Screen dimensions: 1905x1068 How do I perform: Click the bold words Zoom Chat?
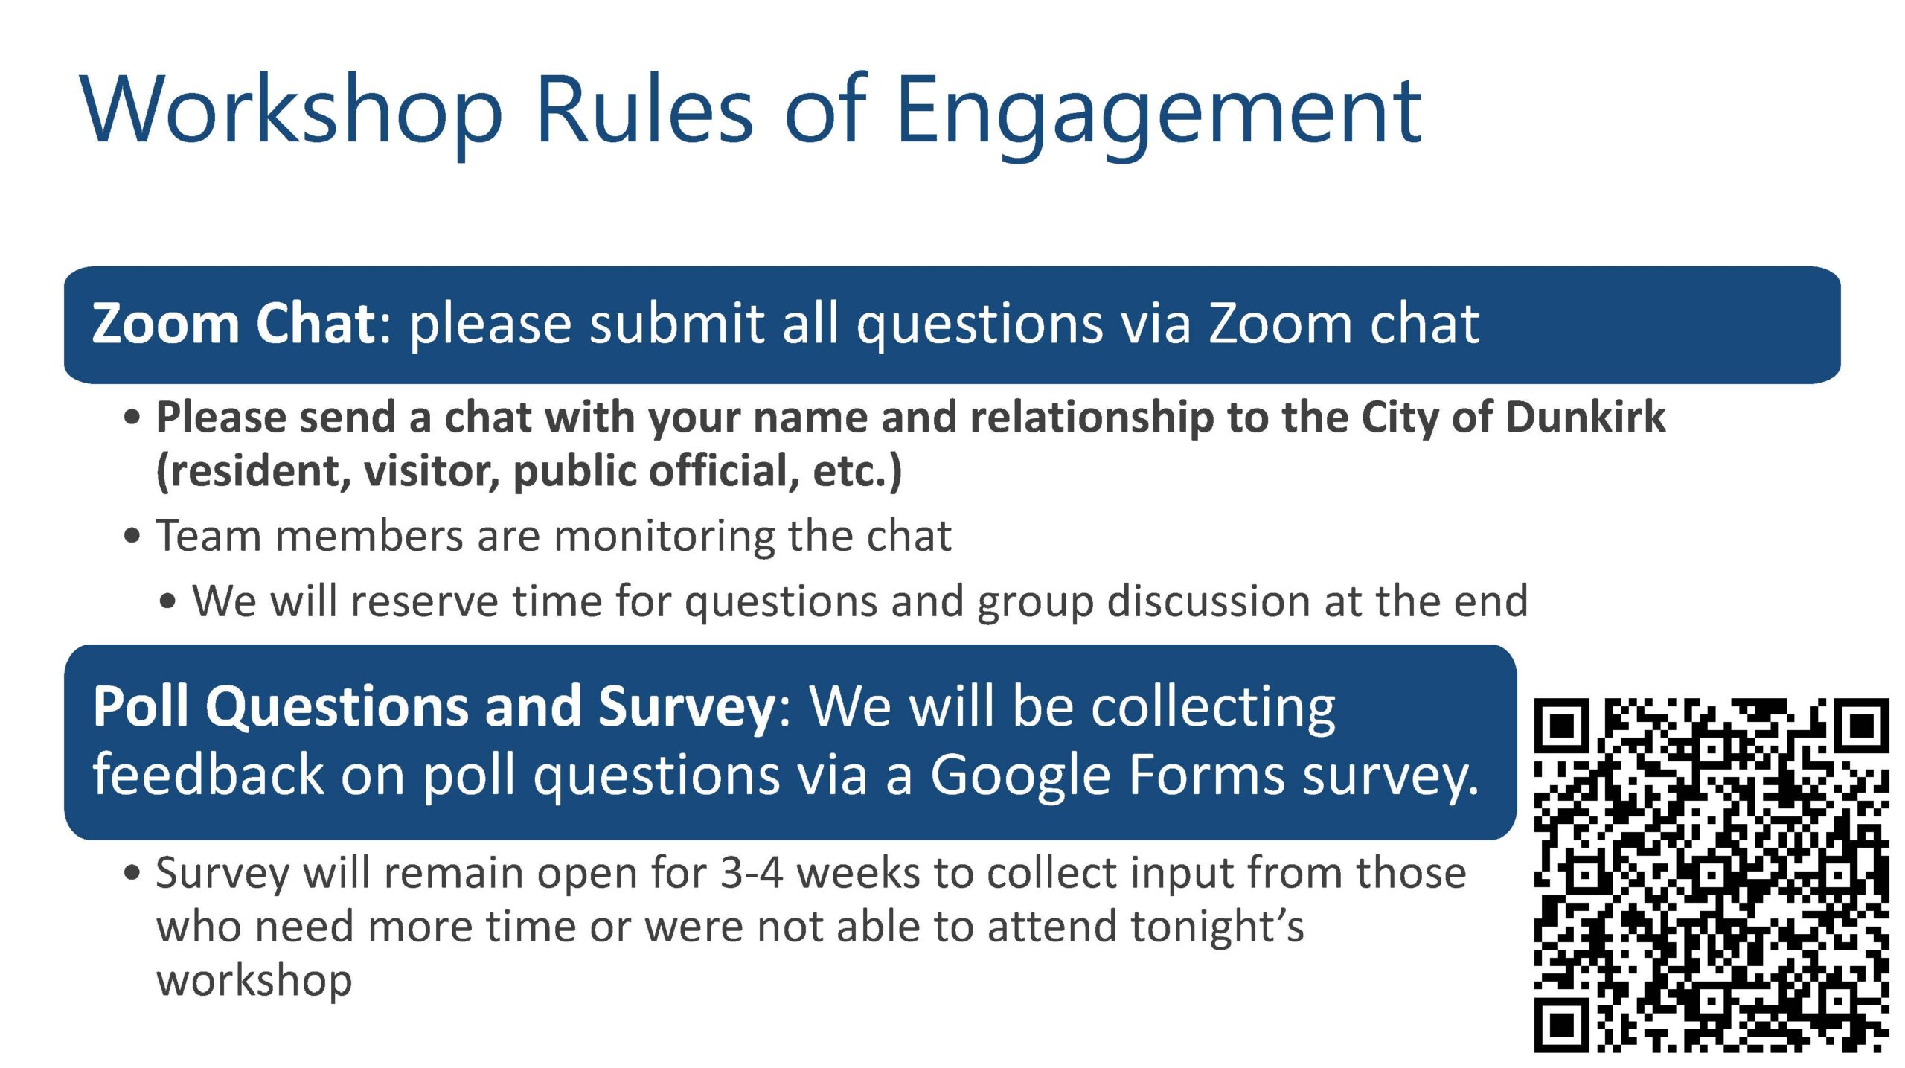[x=234, y=324]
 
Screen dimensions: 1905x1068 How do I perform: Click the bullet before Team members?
[x=132, y=536]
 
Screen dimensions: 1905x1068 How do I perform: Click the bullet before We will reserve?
[x=168, y=601]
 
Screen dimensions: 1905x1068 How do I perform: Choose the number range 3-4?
[x=752, y=872]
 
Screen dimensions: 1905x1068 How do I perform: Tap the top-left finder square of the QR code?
[x=1562, y=724]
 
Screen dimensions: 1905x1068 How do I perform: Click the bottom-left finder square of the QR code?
[x=1562, y=1026]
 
